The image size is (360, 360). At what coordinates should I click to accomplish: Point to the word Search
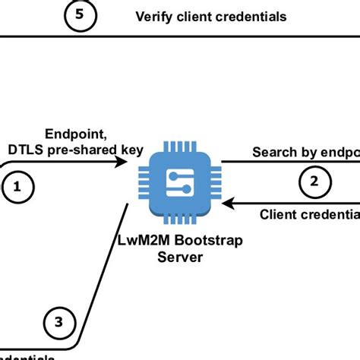coord(272,152)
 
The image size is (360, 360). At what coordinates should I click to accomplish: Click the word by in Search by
coord(305,152)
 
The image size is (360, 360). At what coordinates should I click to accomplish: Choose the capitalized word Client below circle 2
coord(276,215)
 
